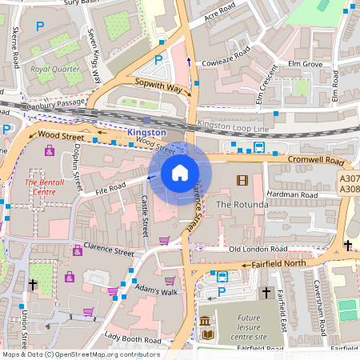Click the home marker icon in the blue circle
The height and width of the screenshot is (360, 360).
point(180,172)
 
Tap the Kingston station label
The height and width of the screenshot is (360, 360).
point(146,131)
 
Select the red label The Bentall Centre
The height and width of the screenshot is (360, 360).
point(41,187)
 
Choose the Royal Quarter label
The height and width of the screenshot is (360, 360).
point(55,69)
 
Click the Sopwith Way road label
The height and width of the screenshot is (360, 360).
point(158,85)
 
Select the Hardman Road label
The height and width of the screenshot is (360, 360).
point(293,195)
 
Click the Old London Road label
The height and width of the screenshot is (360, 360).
point(258,250)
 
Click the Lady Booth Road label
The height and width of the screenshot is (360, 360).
point(132,339)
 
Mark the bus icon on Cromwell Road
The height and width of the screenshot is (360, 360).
point(259,147)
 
